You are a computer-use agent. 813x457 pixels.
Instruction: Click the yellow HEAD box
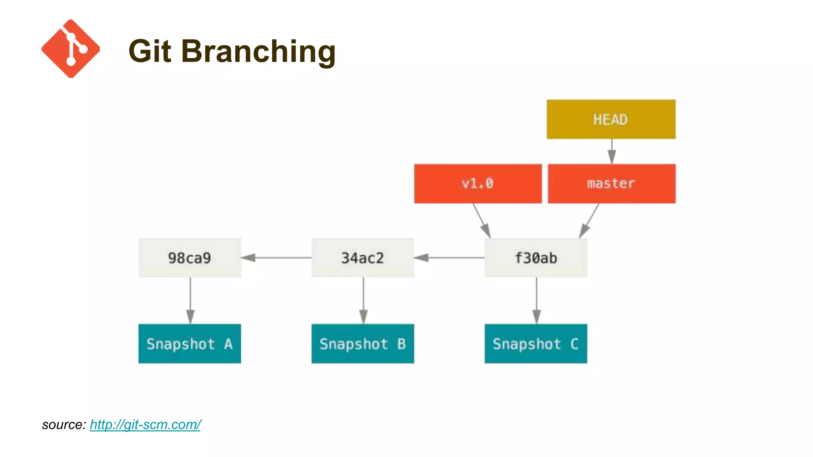coord(611,119)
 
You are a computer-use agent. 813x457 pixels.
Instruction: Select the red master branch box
coord(611,184)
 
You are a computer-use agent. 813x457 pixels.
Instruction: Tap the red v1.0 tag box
coord(478,184)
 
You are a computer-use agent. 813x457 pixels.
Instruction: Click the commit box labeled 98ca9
coord(189,258)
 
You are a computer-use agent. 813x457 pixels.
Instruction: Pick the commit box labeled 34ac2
coord(362,258)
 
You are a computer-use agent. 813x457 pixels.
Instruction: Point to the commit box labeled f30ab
coord(536,258)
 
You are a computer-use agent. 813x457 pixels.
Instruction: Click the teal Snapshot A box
coord(189,344)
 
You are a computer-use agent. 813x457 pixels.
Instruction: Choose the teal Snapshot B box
coord(362,344)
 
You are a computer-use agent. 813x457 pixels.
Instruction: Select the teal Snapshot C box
coord(536,344)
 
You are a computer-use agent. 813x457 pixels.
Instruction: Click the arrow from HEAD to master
coord(612,151)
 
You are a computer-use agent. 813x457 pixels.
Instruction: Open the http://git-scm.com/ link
coord(145,425)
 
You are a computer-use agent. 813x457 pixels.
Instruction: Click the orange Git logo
coord(71,48)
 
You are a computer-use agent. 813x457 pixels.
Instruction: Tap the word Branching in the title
coord(258,52)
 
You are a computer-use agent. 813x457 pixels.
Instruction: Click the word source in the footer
coord(63,425)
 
